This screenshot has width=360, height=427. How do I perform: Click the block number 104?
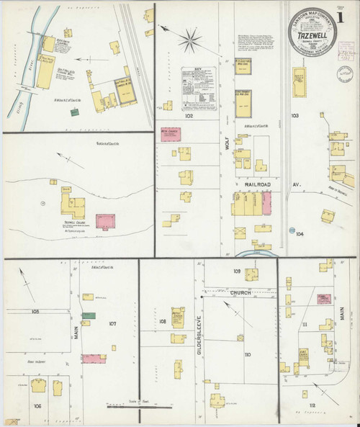pos(299,234)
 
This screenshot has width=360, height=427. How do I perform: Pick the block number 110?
pos(248,355)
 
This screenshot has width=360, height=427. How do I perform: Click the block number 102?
pos(189,115)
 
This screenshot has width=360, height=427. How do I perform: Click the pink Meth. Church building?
pos(170,135)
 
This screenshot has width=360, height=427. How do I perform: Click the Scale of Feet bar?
pos(130,408)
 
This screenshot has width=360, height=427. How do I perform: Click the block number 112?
pos(302,394)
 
